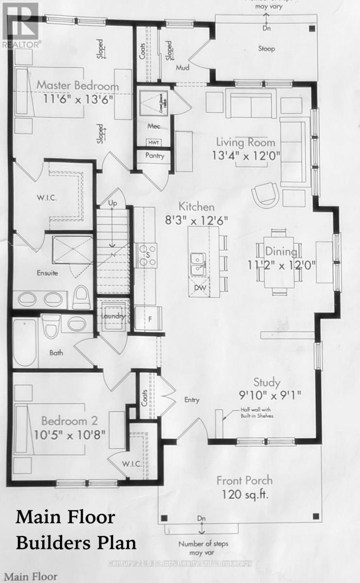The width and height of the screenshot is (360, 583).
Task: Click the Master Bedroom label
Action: tap(78, 86)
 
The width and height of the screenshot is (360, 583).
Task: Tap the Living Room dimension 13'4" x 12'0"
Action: tap(245, 156)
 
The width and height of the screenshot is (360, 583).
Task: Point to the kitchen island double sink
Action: tap(197, 264)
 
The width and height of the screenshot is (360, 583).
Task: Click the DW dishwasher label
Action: tap(197, 288)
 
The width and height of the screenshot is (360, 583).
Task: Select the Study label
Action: tap(270, 382)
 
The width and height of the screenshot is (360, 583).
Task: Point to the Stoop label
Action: tap(266, 49)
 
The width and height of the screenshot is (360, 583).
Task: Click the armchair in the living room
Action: tap(266, 196)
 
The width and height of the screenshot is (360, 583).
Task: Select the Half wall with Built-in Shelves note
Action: tap(257, 413)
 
